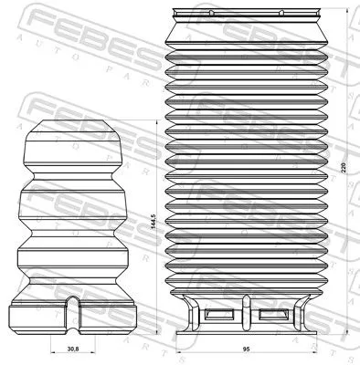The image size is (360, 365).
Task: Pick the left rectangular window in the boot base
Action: tap(220, 316)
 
